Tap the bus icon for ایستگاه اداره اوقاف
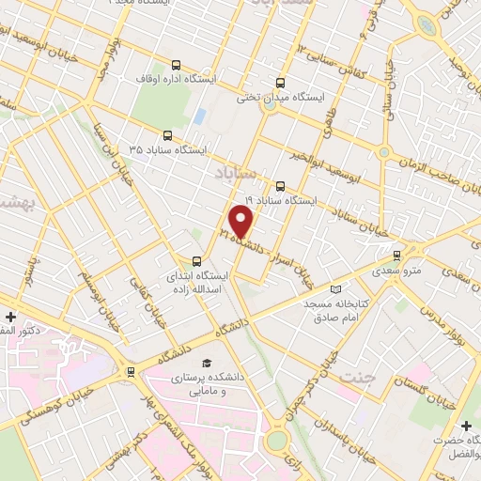click(x=177, y=65)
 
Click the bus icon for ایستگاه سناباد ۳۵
click(x=167, y=134)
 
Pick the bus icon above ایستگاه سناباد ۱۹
click(x=279, y=185)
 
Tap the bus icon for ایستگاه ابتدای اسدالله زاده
click(x=196, y=261)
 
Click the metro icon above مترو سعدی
click(x=396, y=255)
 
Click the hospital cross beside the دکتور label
click(x=9, y=316)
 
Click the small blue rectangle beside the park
click(x=199, y=116)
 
